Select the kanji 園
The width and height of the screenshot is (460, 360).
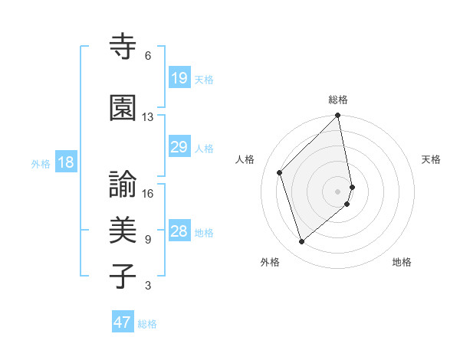tap(123, 109)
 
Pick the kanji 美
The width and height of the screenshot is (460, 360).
tap(123, 231)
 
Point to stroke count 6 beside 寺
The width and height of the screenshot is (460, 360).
tap(148, 56)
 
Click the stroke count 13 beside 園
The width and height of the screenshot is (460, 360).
tap(148, 117)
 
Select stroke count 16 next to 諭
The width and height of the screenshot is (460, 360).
tap(148, 193)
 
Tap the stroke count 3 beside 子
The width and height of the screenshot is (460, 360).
tap(148, 286)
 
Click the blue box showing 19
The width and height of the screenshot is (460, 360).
tap(179, 78)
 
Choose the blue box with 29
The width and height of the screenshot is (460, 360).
tap(179, 147)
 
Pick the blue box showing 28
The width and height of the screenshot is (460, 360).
tap(179, 231)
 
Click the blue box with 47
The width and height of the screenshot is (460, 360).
tap(123, 322)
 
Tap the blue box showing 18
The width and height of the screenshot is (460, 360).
tap(64, 162)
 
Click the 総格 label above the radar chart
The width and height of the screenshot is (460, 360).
tap(338, 100)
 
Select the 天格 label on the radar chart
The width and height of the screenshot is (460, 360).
tap(431, 159)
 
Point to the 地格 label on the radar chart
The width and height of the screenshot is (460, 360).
tap(402, 262)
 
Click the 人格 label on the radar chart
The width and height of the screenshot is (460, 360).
tap(245, 159)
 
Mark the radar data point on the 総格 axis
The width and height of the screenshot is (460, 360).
tap(338, 116)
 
